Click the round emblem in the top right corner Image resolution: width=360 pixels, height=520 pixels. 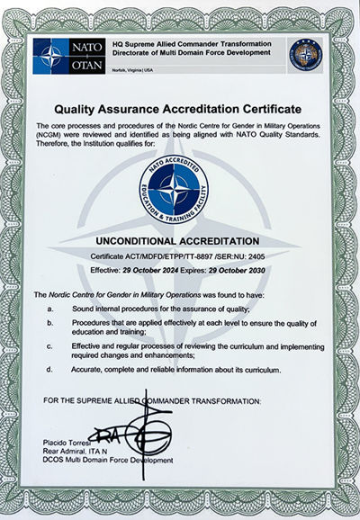[305, 56]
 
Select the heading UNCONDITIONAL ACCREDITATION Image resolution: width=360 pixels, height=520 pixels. [180, 241]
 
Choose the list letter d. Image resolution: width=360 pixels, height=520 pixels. [50, 369]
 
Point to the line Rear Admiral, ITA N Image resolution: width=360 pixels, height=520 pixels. [73, 452]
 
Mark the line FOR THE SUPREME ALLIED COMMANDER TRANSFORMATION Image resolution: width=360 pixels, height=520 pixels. [152, 399]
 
